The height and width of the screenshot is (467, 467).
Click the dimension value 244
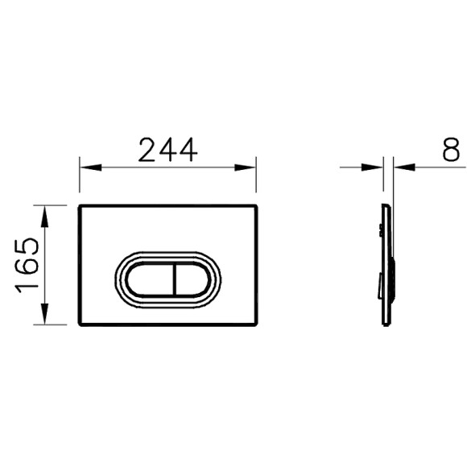point(167,150)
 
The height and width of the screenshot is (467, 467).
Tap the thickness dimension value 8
point(451,150)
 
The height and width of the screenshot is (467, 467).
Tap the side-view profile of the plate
point(388,266)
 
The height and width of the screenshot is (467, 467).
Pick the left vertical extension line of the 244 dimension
point(79,181)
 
